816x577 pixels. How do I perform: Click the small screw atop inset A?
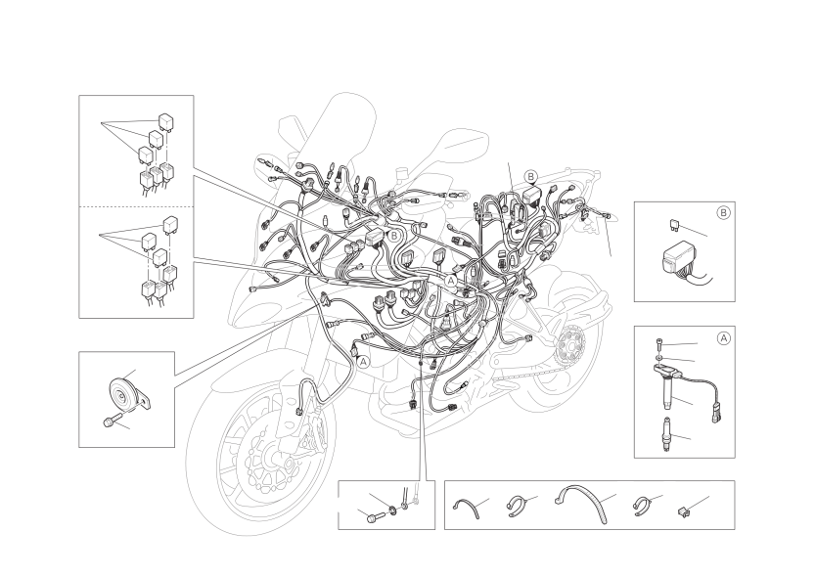pyautogui.click(x=658, y=344)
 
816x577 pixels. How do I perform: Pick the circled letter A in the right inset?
pyautogui.click(x=723, y=338)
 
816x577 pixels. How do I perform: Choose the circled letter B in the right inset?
pyautogui.click(x=723, y=213)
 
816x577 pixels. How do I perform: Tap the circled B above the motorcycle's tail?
pyautogui.click(x=531, y=177)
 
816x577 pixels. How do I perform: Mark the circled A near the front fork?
pyautogui.click(x=364, y=361)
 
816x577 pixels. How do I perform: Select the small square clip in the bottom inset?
pyautogui.click(x=682, y=512)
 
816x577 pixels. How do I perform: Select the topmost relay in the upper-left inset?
pyautogui.click(x=166, y=121)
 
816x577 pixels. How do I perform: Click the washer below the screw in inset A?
pyautogui.click(x=658, y=359)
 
